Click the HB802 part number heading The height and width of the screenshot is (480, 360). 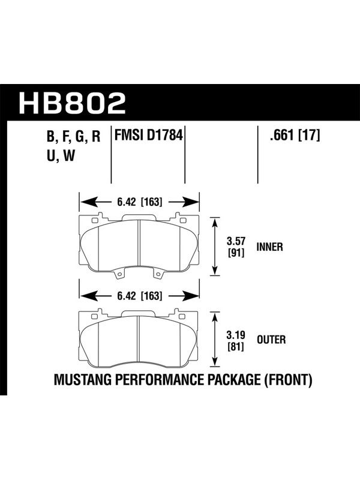(72, 103)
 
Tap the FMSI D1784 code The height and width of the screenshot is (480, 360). (148, 135)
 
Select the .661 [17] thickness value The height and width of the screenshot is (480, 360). (295, 135)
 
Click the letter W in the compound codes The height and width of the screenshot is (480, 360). (69, 155)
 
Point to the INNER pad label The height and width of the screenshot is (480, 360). (269, 247)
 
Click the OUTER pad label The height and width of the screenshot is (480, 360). (271, 340)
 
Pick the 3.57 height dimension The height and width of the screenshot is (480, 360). (236, 241)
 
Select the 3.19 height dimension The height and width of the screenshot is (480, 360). (236, 335)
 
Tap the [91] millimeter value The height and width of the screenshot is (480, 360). (236, 253)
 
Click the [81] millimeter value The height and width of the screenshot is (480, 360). (236, 347)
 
